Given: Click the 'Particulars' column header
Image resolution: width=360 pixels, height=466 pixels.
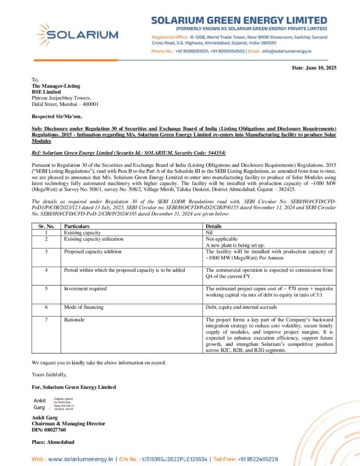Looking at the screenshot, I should [77, 226].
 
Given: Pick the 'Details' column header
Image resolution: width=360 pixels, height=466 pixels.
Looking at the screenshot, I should [214, 226].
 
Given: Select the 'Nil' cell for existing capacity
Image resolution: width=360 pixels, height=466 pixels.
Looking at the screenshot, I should [209, 233].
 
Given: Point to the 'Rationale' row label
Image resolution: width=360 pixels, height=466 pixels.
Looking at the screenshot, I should [74, 320].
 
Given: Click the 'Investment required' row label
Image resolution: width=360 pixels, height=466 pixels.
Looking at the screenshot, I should [86, 289].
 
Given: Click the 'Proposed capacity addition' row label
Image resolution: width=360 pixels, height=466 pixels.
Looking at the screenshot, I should [93, 251].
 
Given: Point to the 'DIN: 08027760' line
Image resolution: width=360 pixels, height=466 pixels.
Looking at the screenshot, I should [49, 430].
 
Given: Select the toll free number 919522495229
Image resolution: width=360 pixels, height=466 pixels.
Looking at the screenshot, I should [257, 459].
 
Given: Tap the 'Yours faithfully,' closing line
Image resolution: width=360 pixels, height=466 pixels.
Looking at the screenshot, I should [49, 375].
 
